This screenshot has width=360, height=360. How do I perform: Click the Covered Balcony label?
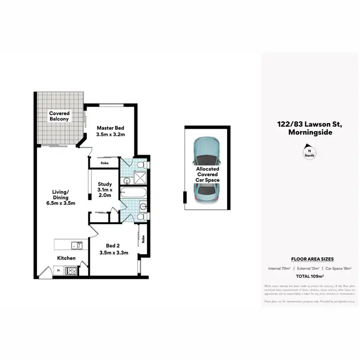click(59, 116)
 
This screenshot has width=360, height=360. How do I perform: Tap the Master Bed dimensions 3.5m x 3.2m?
click(111, 135)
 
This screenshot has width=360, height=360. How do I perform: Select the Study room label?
click(105, 184)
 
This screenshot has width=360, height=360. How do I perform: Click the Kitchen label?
click(66, 258)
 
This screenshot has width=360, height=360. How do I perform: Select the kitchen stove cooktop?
click(72, 271)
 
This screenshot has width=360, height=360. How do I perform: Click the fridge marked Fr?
click(59, 271)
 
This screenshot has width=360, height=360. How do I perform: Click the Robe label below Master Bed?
click(104, 163)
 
